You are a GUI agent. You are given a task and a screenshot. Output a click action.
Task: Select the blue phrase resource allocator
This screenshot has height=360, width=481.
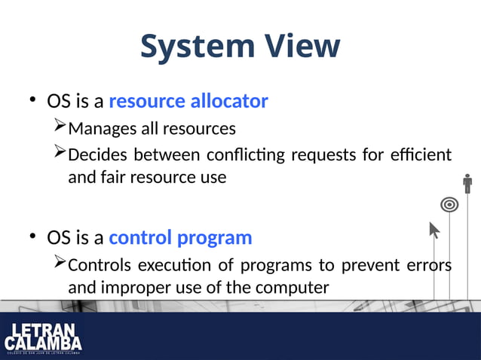188,101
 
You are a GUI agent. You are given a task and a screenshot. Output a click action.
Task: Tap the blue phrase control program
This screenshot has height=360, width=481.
180,238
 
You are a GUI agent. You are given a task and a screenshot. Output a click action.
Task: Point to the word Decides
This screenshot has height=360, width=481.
96,155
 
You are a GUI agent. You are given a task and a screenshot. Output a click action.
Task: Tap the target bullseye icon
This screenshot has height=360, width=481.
449,204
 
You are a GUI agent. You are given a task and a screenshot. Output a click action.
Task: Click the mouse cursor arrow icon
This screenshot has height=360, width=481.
434,230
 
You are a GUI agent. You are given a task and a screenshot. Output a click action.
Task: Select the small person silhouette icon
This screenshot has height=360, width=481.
467,184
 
